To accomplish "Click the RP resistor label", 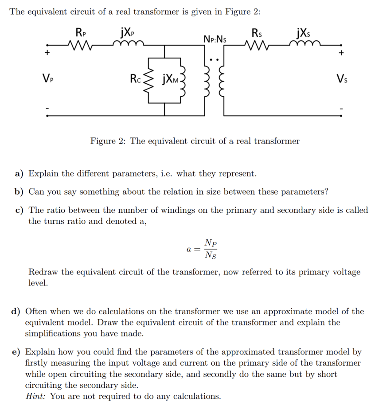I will [x=81, y=32].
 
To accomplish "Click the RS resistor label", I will [x=257, y=32].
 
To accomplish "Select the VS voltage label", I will [x=341, y=80].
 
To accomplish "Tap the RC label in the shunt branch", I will [x=135, y=80].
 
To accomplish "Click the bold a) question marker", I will [x=19, y=173].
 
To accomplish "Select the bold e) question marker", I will [x=16, y=352].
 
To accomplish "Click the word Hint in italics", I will [x=35, y=396].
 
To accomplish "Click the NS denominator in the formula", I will [x=211, y=255].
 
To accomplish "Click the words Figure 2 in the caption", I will [x=108, y=141].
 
